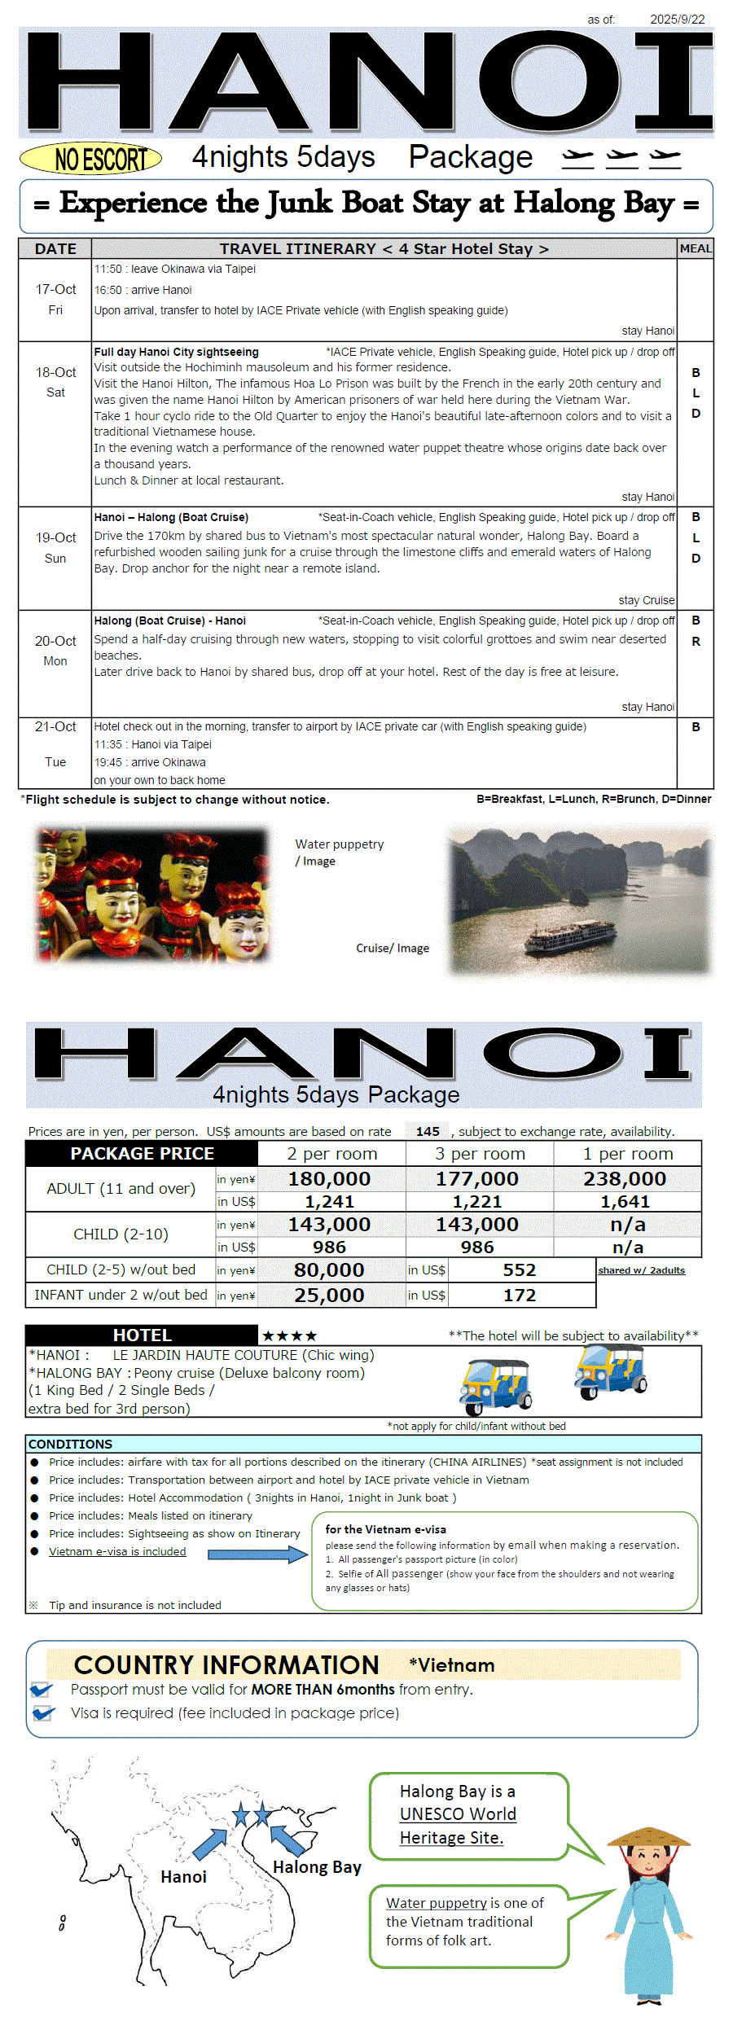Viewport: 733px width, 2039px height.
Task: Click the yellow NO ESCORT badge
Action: coord(90,159)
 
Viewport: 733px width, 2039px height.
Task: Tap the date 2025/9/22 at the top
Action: coord(677,19)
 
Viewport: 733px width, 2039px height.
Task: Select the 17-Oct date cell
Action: coord(55,299)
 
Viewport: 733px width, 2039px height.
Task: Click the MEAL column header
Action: coord(695,248)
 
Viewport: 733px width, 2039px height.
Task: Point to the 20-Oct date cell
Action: coord(55,651)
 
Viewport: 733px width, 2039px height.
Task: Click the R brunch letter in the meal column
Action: coord(696,642)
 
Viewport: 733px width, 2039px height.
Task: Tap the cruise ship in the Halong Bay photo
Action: coord(570,936)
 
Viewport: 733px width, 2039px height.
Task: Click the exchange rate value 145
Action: coord(428,1131)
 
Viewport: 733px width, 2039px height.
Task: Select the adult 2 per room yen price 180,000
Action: coord(329,1178)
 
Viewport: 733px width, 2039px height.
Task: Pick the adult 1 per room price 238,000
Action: coord(625,1178)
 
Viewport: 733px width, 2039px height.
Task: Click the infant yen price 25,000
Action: coord(329,1295)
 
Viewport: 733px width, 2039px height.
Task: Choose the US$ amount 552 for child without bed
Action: coord(519,1270)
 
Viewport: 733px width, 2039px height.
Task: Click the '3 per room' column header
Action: coord(480,1154)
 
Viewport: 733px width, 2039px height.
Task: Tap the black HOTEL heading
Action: coord(142,1335)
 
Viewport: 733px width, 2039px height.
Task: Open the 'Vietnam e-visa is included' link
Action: coord(117,1551)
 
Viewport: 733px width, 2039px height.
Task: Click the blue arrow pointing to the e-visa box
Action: coord(257,1554)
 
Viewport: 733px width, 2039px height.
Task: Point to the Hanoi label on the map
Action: coord(183,1877)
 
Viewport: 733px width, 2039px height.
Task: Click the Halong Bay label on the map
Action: coord(317,1867)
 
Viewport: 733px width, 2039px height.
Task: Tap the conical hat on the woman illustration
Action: coord(648,1835)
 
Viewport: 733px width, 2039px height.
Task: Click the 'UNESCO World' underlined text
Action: coord(458,1814)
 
